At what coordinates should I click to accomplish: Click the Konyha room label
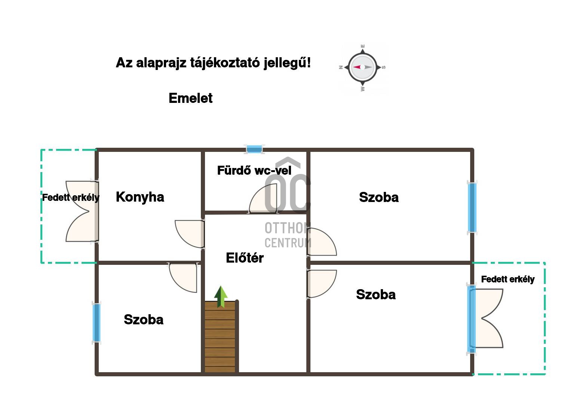(140, 197)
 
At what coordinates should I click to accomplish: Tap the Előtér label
(245, 258)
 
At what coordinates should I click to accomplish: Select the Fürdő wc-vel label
(254, 170)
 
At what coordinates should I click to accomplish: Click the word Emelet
(190, 98)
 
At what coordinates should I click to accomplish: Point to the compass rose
(362, 67)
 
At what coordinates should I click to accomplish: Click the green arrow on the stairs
(221, 297)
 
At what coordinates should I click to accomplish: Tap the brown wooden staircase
(220, 337)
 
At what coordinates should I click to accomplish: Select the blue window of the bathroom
(254, 149)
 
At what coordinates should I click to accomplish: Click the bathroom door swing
(263, 199)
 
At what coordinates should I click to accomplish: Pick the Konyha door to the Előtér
(190, 234)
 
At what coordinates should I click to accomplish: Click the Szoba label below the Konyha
(144, 320)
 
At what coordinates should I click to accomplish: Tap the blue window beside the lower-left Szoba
(96, 323)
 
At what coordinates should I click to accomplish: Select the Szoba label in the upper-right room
(379, 197)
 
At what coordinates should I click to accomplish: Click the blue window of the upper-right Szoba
(472, 208)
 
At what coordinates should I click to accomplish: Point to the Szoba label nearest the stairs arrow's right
(376, 294)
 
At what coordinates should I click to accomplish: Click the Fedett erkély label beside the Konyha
(71, 198)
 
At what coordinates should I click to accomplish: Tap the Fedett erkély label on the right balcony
(508, 279)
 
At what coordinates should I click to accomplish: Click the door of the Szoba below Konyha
(183, 278)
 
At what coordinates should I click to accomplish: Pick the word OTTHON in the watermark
(288, 228)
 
